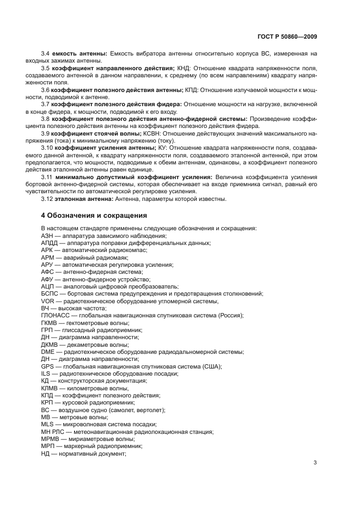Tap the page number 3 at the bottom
(x=315, y=463)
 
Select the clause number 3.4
(x=46, y=53)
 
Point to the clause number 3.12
(x=47, y=199)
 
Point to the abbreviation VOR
(x=47, y=301)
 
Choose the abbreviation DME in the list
(x=47, y=352)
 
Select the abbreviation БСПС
(x=50, y=293)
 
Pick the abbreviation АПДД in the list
(x=50, y=243)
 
